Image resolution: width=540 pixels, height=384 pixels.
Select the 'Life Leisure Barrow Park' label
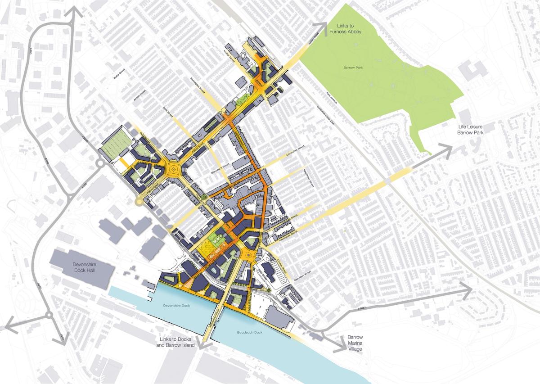[472, 130]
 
